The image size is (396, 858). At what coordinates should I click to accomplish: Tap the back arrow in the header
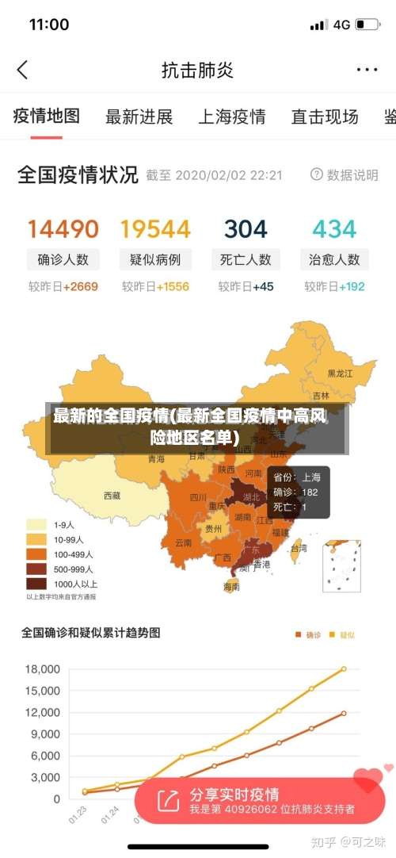click(22, 70)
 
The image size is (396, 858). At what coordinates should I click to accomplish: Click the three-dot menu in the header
click(367, 70)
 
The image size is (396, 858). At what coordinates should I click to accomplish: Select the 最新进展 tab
click(139, 117)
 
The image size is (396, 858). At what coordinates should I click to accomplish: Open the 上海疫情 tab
click(231, 117)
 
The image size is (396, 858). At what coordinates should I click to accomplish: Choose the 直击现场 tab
click(325, 117)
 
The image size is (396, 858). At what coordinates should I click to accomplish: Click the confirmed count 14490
click(63, 230)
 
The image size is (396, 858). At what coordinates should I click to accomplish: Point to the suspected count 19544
click(155, 230)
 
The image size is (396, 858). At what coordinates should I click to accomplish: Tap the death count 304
click(246, 230)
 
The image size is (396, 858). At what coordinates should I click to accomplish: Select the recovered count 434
click(334, 230)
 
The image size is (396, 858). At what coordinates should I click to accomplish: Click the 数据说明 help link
click(345, 174)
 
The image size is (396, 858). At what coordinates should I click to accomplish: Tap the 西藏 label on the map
click(112, 496)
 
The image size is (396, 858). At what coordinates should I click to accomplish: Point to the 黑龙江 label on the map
click(341, 372)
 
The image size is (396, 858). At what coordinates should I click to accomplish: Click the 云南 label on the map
click(183, 542)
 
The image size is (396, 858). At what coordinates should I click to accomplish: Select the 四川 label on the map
click(198, 497)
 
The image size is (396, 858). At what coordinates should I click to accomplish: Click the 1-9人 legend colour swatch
click(36, 524)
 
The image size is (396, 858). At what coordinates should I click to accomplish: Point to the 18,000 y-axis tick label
click(43, 669)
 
